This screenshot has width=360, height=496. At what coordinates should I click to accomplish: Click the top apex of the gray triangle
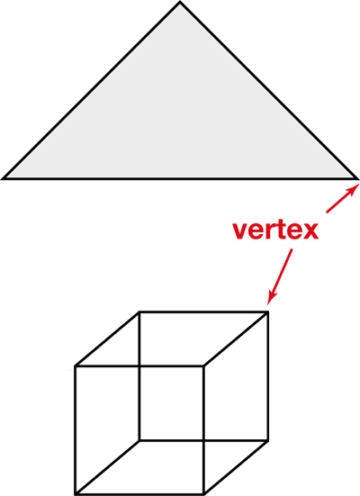180,2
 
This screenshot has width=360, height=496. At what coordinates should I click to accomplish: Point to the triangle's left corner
3,179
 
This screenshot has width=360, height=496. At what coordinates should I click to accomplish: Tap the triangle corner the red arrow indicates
357,179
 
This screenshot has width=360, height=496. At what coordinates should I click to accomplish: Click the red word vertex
275,230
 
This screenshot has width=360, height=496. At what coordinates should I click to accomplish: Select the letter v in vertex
240,232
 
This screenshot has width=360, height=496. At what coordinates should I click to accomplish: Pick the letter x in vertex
310,232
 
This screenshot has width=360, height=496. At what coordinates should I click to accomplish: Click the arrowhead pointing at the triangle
354,189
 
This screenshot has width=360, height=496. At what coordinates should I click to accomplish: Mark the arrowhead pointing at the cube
272,298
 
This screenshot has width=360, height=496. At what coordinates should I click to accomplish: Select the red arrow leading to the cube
280,276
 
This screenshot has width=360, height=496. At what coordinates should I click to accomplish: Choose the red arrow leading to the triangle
343,198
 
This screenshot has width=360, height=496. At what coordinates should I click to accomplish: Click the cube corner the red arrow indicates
267,312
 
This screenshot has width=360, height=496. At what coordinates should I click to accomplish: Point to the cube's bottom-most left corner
76,493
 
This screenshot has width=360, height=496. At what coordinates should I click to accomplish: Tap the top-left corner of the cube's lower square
76,366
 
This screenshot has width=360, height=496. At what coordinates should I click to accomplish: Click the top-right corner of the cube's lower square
203,366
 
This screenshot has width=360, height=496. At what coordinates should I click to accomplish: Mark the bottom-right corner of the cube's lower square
203,493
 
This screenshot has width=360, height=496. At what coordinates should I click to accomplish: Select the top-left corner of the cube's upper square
139,312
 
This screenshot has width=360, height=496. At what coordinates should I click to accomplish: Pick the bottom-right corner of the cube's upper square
267,440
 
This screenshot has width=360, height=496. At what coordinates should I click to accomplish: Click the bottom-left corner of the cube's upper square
139,440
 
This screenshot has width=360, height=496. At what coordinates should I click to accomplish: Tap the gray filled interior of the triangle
180,121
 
